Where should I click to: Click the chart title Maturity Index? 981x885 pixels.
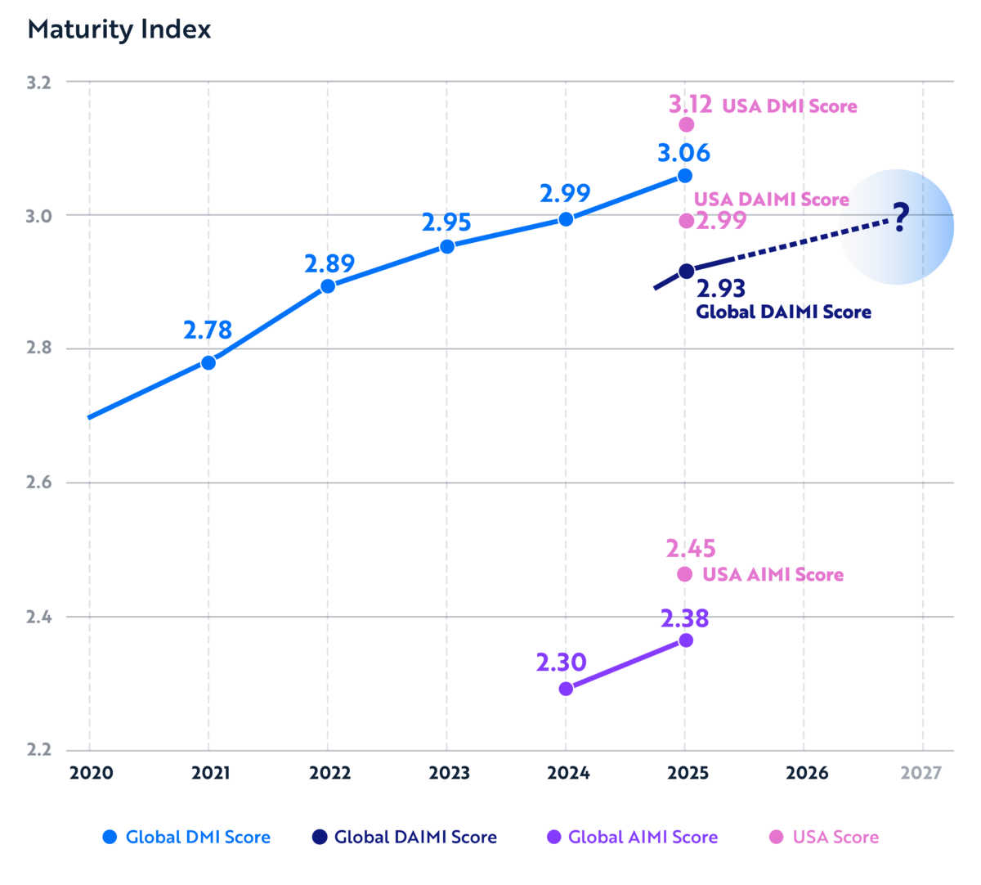pos(119,30)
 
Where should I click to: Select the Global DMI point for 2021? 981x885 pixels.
pos(208,362)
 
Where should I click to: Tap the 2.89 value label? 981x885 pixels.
pos(329,264)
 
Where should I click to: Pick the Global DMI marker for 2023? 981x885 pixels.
pos(447,246)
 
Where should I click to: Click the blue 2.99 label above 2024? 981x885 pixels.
pos(565,195)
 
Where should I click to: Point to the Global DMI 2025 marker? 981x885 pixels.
pos(685,176)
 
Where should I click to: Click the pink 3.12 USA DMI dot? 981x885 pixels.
pos(687,124)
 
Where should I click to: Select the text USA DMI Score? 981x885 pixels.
pos(789,106)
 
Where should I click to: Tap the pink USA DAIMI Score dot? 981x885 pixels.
pos(687,221)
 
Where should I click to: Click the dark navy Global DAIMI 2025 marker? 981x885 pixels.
pos(687,271)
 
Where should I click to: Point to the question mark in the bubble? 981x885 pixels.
pos(900,218)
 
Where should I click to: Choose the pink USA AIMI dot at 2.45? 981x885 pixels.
pos(685,574)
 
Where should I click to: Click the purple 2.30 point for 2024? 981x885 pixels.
pos(566,689)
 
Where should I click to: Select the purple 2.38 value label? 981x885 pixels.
pos(684,618)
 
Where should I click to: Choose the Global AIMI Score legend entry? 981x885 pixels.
pos(632,838)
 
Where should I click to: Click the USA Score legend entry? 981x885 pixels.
pos(824,838)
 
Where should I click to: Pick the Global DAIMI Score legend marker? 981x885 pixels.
pos(320,837)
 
